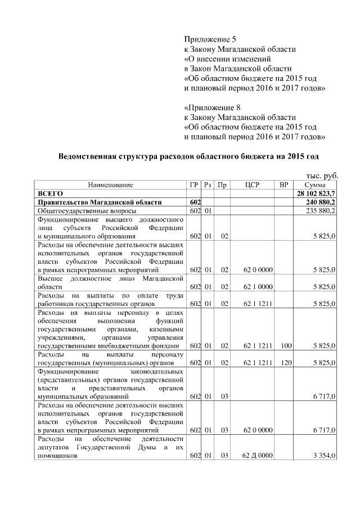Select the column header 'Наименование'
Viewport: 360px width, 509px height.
[110, 185]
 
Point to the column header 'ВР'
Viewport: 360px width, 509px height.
[284, 185]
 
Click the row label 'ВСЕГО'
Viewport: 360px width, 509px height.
[50, 193]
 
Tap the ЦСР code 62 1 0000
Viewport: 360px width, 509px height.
[258, 286]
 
